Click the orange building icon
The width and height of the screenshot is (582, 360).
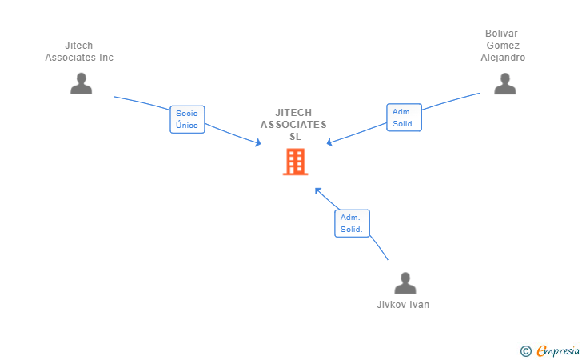pyautogui.click(x=295, y=162)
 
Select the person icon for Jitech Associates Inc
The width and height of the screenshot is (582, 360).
pyautogui.click(x=81, y=83)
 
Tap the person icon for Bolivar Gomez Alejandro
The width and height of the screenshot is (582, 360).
pyautogui.click(x=504, y=83)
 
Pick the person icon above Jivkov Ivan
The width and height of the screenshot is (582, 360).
pyautogui.click(x=405, y=283)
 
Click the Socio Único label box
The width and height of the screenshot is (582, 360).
pyautogui.click(x=187, y=119)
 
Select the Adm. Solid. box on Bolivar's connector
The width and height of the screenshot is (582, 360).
pyautogui.click(x=403, y=118)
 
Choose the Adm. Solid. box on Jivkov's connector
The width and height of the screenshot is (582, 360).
pyautogui.click(x=351, y=223)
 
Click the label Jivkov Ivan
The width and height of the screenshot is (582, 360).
pyautogui.click(x=403, y=305)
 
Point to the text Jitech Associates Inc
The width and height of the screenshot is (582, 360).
pyautogui.click(x=79, y=51)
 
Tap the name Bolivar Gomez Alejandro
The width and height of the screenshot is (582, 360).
pyautogui.click(x=503, y=45)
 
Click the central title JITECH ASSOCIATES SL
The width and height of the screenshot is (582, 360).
pyautogui.click(x=293, y=124)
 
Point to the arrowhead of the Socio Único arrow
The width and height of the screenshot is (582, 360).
pyautogui.click(x=258, y=143)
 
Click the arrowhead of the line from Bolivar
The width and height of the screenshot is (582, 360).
pyautogui.click(x=329, y=143)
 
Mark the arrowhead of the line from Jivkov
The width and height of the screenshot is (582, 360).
pyautogui.click(x=317, y=190)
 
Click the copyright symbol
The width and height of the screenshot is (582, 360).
pyautogui.click(x=525, y=350)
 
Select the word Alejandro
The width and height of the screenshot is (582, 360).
pyautogui.click(x=503, y=58)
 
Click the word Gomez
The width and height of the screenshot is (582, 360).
pyautogui.click(x=503, y=46)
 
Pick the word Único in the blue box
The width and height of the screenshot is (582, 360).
pyautogui.click(x=187, y=126)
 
